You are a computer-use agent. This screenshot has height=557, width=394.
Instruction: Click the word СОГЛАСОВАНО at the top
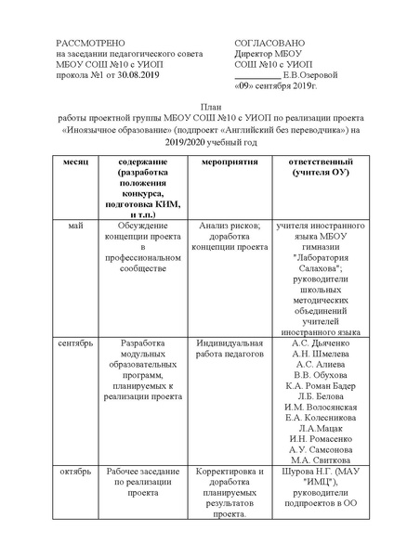coord(273,43)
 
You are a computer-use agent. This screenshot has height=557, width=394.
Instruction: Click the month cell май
coord(74,225)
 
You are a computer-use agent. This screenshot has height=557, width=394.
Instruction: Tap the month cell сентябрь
coord(74,343)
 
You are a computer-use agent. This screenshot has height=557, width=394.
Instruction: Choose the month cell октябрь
coord(74,471)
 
